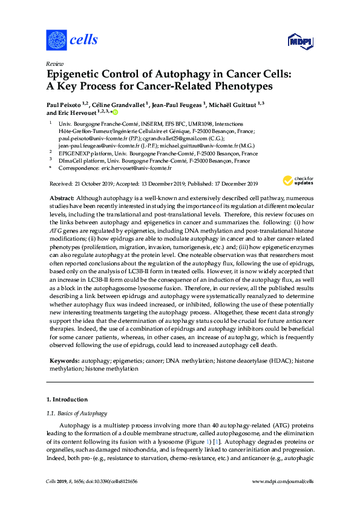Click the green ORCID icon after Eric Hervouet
[114, 112]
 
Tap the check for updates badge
[298, 180]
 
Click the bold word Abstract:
[62, 199]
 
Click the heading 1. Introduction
[67, 400]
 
